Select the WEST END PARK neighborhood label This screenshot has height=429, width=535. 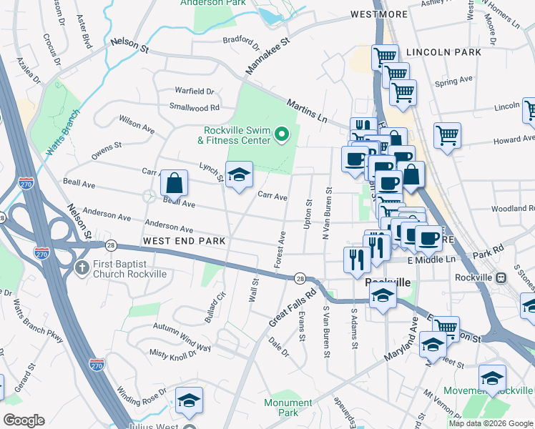[x=184, y=242]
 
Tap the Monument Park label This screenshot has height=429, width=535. [x=288, y=408]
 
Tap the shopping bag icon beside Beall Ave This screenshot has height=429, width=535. [x=174, y=184]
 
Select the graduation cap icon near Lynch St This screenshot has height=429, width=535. [x=239, y=174]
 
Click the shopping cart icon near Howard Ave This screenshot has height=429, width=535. [x=447, y=134]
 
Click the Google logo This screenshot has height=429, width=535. [x=24, y=420]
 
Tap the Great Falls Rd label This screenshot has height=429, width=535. [x=293, y=308]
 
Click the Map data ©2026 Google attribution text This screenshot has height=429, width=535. [x=491, y=423]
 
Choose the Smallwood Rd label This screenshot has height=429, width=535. [x=194, y=107]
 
